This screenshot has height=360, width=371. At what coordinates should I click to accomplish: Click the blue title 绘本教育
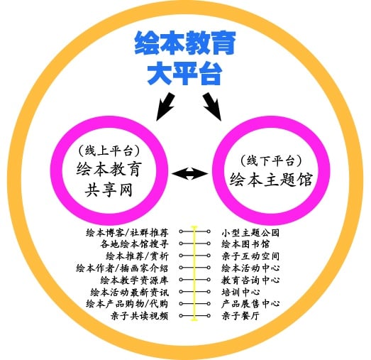185,43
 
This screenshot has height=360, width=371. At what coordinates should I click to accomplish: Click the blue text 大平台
184,73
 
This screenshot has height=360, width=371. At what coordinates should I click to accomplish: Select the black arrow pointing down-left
165,107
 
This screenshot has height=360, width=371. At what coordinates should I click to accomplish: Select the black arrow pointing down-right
212,107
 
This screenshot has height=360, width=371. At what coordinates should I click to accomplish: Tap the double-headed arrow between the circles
190,173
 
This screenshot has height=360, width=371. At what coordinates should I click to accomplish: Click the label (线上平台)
109,151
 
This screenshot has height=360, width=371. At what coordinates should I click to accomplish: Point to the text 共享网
109,190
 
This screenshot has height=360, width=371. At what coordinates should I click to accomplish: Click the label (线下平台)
271,160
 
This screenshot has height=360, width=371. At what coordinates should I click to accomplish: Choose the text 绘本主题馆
271,179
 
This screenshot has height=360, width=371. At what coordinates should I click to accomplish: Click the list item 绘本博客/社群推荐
127,233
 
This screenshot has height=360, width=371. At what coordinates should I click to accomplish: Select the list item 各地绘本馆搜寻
134,244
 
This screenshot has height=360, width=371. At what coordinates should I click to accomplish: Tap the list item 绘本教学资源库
134,280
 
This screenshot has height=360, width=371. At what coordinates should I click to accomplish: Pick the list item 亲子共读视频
140,316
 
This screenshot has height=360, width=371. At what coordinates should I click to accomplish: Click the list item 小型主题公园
250,233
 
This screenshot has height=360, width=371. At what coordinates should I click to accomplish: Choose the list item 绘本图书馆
245,244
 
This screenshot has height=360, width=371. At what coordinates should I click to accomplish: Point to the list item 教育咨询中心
250,280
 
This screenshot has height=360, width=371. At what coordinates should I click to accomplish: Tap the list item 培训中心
240,292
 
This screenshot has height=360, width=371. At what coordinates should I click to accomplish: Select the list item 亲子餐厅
240,316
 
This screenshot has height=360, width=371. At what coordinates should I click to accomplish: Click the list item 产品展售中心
250,304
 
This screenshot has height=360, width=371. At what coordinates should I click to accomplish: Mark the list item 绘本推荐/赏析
137,256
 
